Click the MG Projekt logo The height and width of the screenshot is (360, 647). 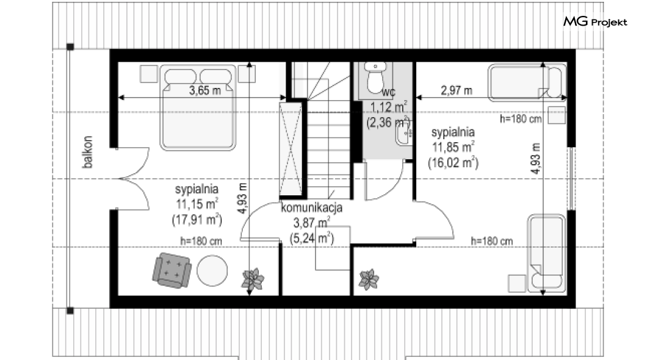coord(595,22)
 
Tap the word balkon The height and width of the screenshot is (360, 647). coord(87,152)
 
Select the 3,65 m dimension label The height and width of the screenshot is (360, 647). coord(205,90)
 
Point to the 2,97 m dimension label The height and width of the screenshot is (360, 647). coord(457,90)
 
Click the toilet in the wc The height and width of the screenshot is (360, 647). coord(375,77)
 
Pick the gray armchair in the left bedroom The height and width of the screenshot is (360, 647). coord(172,270)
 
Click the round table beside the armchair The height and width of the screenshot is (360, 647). coord(212,270)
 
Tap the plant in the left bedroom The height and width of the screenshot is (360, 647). coord(253,279)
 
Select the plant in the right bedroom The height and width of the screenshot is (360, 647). coord(369,279)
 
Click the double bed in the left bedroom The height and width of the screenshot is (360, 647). coord(198,107)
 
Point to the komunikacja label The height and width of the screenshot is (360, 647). coord(311,207)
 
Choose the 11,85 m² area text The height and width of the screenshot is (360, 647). coord(453,147)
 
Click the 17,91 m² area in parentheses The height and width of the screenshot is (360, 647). coord(197,220)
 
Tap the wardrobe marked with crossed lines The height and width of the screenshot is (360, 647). coord(291,149)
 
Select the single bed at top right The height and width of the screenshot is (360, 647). coord(527,82)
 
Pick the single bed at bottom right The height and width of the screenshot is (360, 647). coord(546,253)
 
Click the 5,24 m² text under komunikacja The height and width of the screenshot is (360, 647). coord(311,239)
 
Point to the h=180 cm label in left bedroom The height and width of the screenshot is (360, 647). coord(201,241)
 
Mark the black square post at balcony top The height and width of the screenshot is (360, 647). coord(70,46)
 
